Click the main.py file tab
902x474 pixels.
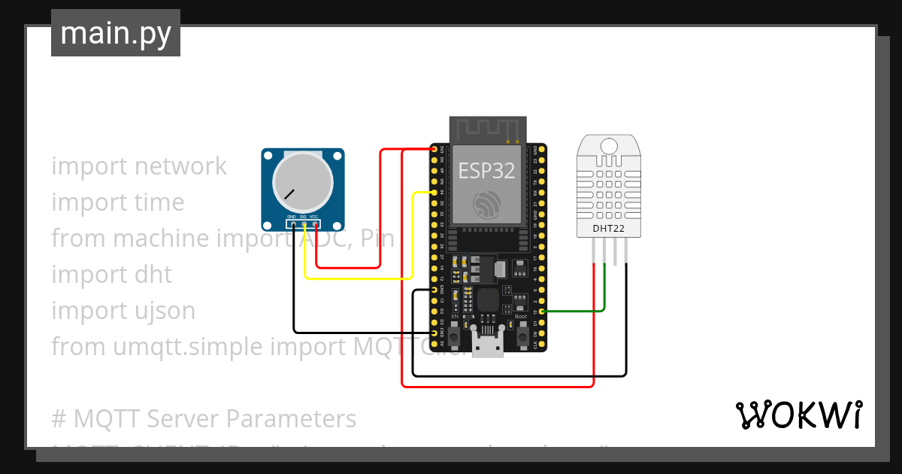coord(116,33)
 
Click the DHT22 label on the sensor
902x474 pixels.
coord(607,227)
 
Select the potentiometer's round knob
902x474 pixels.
coord(303,183)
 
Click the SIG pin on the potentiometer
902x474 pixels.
coord(304,223)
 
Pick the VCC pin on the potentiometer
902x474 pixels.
coord(315,223)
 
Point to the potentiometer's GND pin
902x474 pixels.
coord(292,223)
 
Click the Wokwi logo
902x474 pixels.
coord(798,415)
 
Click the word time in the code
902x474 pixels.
coord(156,202)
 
